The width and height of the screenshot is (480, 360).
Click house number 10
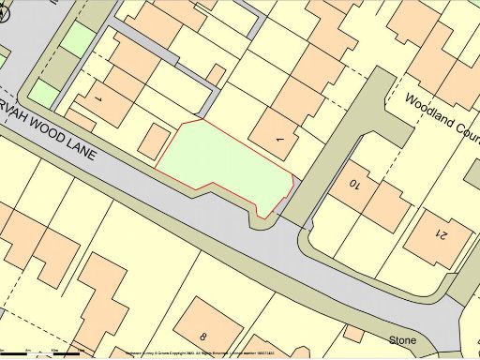click(355, 181)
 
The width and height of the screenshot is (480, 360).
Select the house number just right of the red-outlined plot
click(277, 141)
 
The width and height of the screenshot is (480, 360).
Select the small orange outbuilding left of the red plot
click(150, 142)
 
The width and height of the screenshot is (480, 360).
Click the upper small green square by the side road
click(80, 39)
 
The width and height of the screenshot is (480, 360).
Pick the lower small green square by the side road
click(42, 92)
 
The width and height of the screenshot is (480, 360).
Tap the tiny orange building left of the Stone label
click(353, 333)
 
